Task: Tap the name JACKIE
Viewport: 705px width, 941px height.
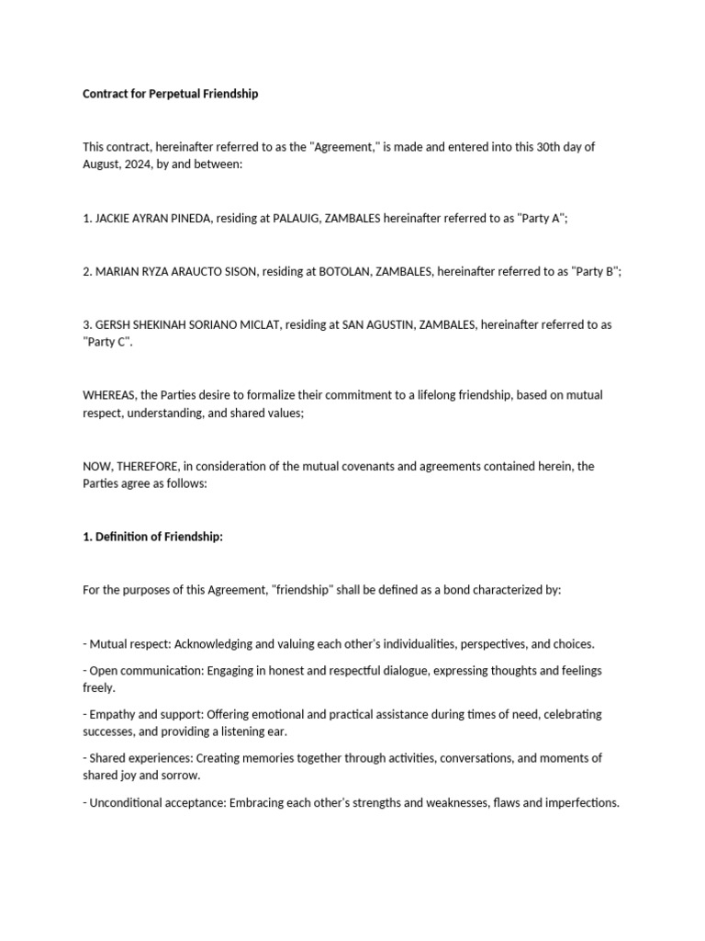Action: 114,218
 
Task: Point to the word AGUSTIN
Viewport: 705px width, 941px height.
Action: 384,324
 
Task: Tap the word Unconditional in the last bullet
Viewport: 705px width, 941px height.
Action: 128,802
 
